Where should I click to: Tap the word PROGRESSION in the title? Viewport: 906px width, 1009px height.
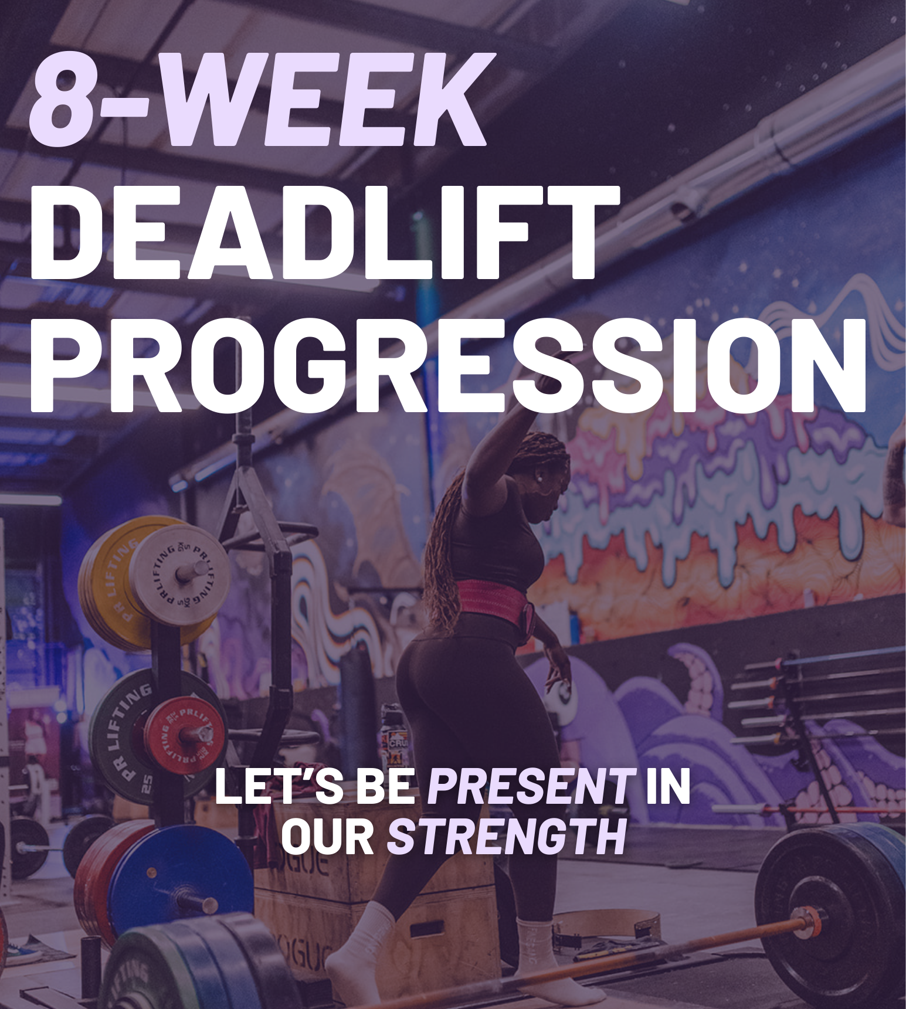pos(447,366)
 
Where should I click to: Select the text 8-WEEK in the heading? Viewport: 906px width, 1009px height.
pos(258,100)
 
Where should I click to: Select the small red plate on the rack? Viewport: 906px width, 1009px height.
pos(184,733)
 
